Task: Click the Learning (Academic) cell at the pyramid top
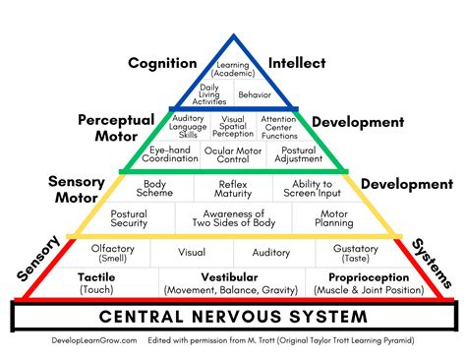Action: [233, 68]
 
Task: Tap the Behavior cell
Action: [254, 95]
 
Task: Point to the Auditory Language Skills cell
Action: [188, 126]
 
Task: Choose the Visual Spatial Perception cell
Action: [233, 126]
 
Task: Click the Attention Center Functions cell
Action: [278, 126]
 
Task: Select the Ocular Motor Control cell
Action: [233, 154]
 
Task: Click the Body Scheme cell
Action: [155, 188]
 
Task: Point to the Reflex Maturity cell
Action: [233, 188]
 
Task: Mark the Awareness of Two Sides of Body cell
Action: [233, 218]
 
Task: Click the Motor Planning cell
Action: [335, 218]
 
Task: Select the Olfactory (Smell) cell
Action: [112, 252]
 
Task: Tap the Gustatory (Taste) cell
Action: [355, 252]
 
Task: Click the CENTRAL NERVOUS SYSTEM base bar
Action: [232, 317]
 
